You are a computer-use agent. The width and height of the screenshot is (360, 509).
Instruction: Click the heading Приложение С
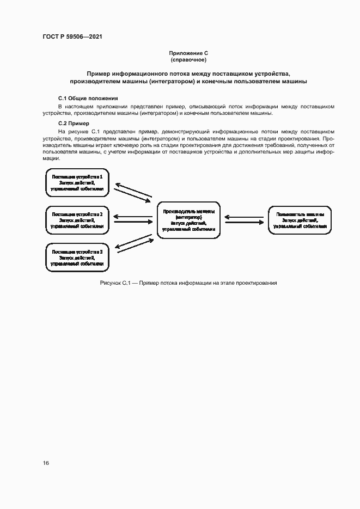[188, 53]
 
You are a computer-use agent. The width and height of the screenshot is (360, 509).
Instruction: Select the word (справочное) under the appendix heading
[188, 59]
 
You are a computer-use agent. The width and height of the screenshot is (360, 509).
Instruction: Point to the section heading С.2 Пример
[74, 124]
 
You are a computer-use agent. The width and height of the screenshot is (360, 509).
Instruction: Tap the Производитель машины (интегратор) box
[188, 220]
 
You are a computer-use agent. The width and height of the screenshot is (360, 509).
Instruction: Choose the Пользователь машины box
[300, 220]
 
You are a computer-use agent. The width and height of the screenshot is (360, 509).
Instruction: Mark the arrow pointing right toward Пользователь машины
[245, 222]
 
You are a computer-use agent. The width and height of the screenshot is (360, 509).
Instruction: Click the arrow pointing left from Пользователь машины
[245, 216]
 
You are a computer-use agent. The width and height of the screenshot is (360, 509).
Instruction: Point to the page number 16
[46, 463]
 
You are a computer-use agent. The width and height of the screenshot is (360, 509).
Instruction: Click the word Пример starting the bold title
[99, 73]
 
